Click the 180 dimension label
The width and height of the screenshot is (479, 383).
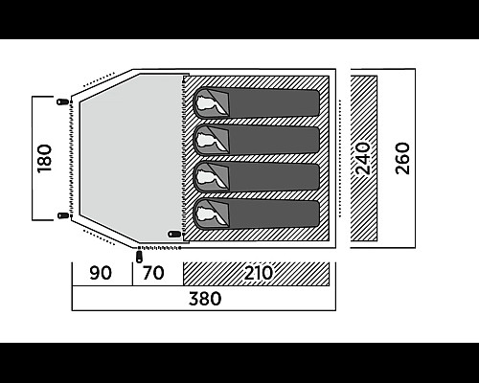click(x=44, y=159)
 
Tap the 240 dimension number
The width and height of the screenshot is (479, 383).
click(x=363, y=159)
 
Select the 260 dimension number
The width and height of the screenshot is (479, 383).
click(x=402, y=159)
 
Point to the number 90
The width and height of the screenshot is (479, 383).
click(x=101, y=273)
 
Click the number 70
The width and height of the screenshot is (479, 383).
click(x=153, y=273)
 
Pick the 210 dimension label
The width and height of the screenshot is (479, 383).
click(x=259, y=273)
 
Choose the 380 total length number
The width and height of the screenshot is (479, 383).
click(x=205, y=299)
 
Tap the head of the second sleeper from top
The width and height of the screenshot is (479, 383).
click(x=207, y=141)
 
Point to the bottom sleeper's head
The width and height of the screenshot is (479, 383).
click(x=207, y=214)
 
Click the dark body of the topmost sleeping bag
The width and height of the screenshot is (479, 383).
click(x=274, y=102)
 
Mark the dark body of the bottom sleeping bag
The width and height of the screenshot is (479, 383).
click(x=274, y=214)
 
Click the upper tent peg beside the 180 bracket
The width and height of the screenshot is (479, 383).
click(x=63, y=102)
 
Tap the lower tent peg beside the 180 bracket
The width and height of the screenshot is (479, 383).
click(x=63, y=215)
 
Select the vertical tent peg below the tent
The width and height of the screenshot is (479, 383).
click(x=139, y=257)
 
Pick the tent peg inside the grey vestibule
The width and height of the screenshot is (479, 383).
click(x=174, y=235)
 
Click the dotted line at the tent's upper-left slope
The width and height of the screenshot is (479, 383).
click(x=99, y=79)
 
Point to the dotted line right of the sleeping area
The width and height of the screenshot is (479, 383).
click(x=340, y=159)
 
